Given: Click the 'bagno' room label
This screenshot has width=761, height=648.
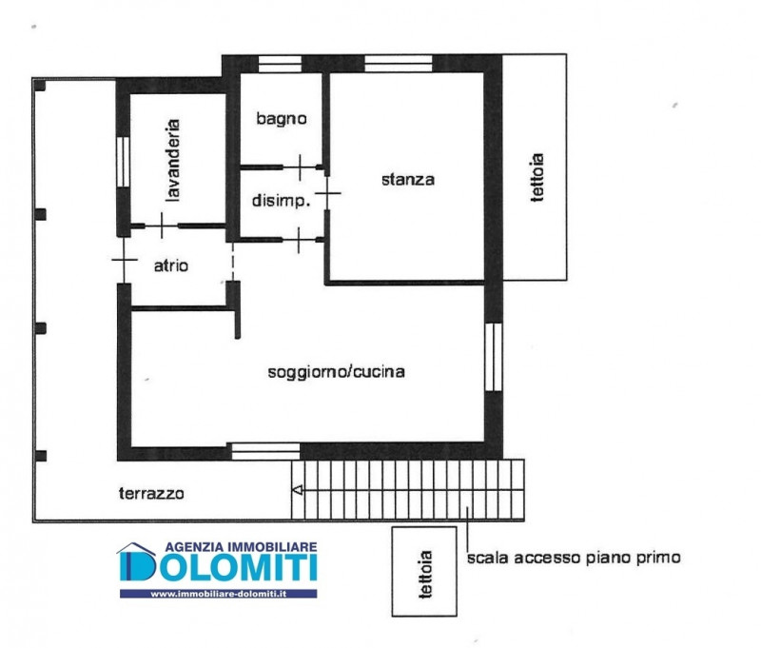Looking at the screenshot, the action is click(282, 119).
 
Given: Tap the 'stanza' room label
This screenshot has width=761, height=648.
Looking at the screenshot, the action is click(408, 180).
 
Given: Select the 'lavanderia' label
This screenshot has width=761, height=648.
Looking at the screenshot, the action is click(172, 160).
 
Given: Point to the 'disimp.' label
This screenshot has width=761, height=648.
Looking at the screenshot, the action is click(281, 200).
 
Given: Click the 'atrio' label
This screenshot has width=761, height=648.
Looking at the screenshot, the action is click(171, 265).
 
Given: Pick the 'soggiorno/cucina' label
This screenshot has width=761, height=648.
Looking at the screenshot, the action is click(337, 372).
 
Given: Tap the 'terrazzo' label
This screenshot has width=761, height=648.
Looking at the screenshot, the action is click(151, 494).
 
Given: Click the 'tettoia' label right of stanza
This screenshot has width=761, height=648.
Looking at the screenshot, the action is click(537, 177).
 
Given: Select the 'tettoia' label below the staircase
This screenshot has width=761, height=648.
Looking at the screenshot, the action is click(425, 574).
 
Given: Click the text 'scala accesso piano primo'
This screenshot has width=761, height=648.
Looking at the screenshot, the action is click(574, 558).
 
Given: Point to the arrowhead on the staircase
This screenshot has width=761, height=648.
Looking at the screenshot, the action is click(298, 490).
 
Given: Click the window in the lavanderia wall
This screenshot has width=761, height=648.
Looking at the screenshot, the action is click(124, 162).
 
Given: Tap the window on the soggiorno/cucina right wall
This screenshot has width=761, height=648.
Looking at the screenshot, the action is click(494, 357).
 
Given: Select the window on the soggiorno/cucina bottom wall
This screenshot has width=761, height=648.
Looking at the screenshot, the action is click(265, 451).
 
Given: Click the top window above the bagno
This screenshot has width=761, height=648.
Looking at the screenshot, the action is click(280, 64).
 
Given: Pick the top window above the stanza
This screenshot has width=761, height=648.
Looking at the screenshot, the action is click(398, 64).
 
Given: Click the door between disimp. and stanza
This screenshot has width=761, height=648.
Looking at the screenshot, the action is click(327, 193).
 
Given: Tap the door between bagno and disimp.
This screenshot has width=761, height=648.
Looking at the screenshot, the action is click(300, 167).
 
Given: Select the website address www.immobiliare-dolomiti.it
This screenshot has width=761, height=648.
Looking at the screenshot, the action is click(219, 594).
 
